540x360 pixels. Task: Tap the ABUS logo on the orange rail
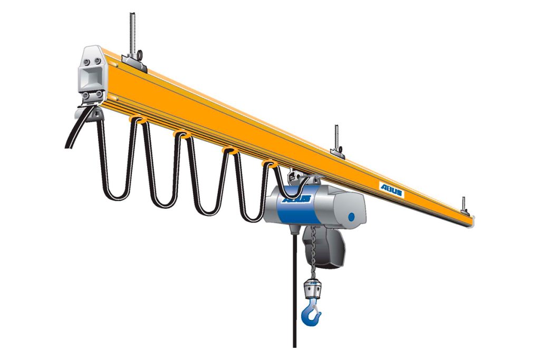pyautogui.click(x=392, y=190)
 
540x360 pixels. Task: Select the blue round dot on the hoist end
pyautogui.click(x=351, y=217)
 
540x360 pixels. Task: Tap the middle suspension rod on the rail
pyautogui.click(x=336, y=138)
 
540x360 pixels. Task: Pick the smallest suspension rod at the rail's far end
pyautogui.click(x=464, y=205)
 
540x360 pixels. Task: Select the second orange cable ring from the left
pyautogui.click(x=182, y=134)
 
